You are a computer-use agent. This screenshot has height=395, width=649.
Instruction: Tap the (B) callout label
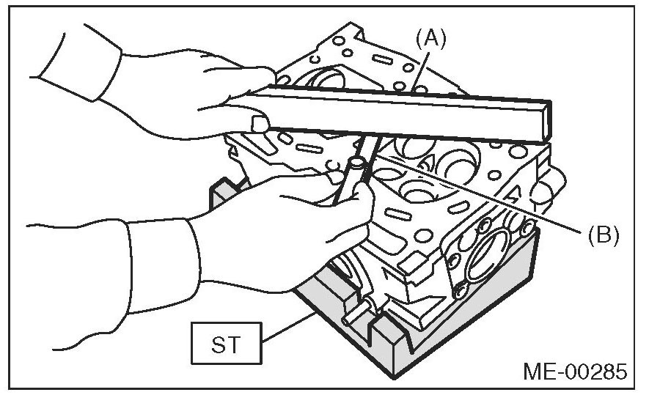603,235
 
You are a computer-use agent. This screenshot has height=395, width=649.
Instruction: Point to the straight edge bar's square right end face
543,122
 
